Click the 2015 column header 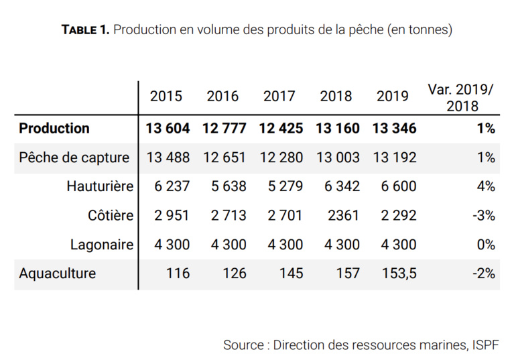[166, 96]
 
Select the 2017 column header [279, 96]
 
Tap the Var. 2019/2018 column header [462, 97]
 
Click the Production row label [54, 128]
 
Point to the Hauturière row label [100, 186]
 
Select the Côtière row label [111, 215]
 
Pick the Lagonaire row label [102, 245]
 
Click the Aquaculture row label [58, 274]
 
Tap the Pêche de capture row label [74, 158]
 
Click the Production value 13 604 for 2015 [168, 128]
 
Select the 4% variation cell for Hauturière [486, 186]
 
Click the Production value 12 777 [224, 128]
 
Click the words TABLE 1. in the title [85, 29]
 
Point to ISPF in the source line [484, 345]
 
